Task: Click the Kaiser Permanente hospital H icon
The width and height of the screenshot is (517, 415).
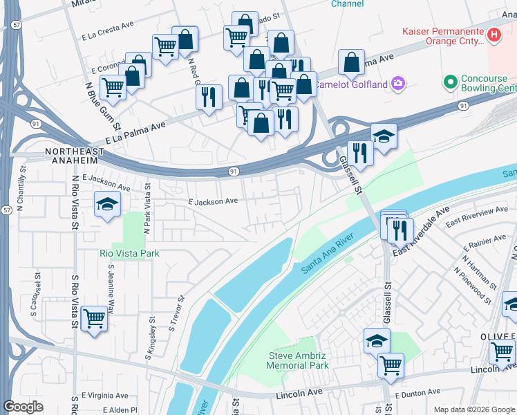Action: coord(493,34)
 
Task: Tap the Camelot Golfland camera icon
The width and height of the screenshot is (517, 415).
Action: coord(398,84)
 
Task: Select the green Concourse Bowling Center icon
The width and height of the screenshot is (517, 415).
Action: coord(451,83)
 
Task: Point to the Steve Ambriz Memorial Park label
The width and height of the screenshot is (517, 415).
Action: coord(298,360)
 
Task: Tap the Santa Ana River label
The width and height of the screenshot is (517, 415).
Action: coord(328,254)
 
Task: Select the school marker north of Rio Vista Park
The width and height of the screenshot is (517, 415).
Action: coord(108,205)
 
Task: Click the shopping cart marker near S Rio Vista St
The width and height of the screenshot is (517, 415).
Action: coord(94,319)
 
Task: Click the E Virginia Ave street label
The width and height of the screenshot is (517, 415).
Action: coord(104,396)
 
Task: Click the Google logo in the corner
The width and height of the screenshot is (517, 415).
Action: coord(23,407)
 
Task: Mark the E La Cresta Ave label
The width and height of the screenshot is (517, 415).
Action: coord(107,28)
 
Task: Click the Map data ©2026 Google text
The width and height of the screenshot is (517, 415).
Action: coord(473,409)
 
